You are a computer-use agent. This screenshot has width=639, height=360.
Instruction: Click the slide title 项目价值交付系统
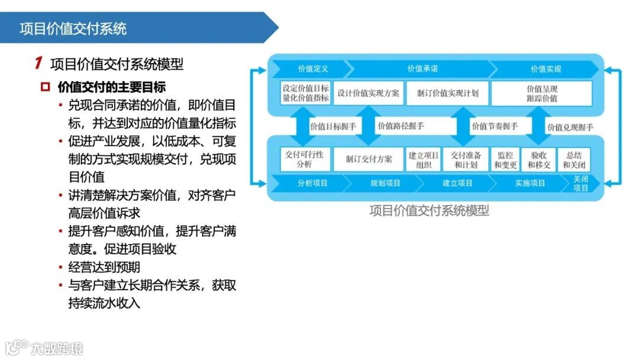[x=73, y=28]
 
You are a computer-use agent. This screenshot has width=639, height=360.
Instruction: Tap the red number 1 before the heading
[x=38, y=63]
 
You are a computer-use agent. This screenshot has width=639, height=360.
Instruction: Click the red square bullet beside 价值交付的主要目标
[x=45, y=87]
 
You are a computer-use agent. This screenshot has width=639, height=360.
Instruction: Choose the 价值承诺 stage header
[x=422, y=69]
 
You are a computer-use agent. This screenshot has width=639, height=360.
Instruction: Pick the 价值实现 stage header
[x=546, y=69]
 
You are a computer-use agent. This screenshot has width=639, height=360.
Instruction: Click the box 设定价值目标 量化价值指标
[x=305, y=93]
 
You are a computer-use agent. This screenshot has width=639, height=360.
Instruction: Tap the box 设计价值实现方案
[x=368, y=93]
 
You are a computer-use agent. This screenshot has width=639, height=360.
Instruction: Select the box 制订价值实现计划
[x=447, y=93]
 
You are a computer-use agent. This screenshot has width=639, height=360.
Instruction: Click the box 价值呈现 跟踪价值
[x=541, y=93]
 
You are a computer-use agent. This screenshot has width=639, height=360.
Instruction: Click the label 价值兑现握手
[x=570, y=127]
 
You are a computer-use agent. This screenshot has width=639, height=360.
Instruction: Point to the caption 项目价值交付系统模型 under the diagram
[x=429, y=210]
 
